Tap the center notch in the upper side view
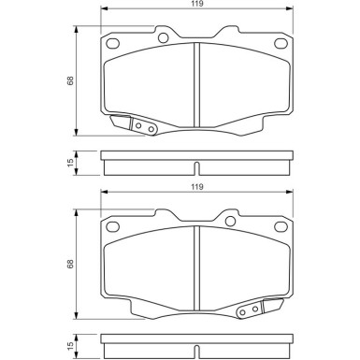pyautogui.click(x=194, y=169)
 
